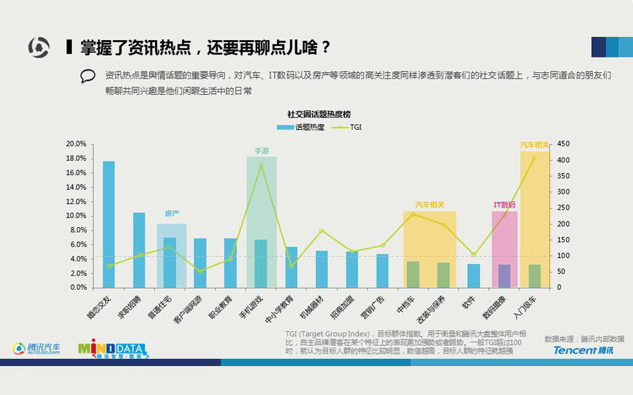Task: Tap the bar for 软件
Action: (x=473, y=276)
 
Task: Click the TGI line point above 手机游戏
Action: (x=260, y=165)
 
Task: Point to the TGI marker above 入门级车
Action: (x=534, y=157)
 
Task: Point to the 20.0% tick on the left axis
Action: (x=76, y=144)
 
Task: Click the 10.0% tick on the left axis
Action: (x=76, y=216)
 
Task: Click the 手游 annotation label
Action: (x=262, y=151)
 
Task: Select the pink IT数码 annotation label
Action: (x=504, y=205)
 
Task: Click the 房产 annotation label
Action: (x=171, y=213)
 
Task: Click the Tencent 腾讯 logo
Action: (x=583, y=350)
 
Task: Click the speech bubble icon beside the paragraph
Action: (x=88, y=76)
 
